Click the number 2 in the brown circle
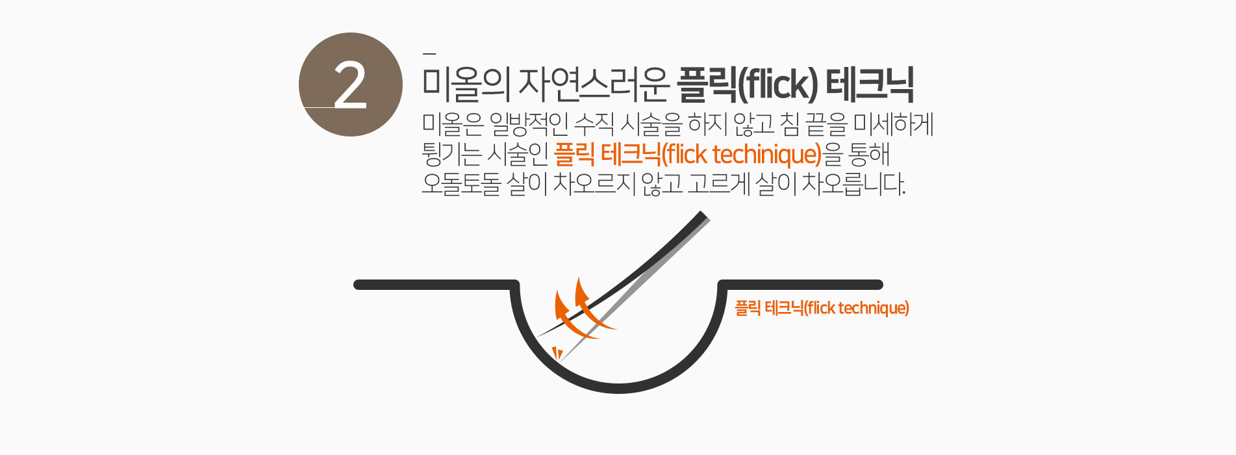pos(350,85)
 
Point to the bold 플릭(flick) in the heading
pos(748,85)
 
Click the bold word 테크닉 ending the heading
pos(870,85)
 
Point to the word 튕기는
pos(451,155)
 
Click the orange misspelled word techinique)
pos(767,155)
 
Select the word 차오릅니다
pos(853,184)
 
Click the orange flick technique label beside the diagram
pos(822,308)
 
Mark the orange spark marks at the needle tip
pos(557,353)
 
